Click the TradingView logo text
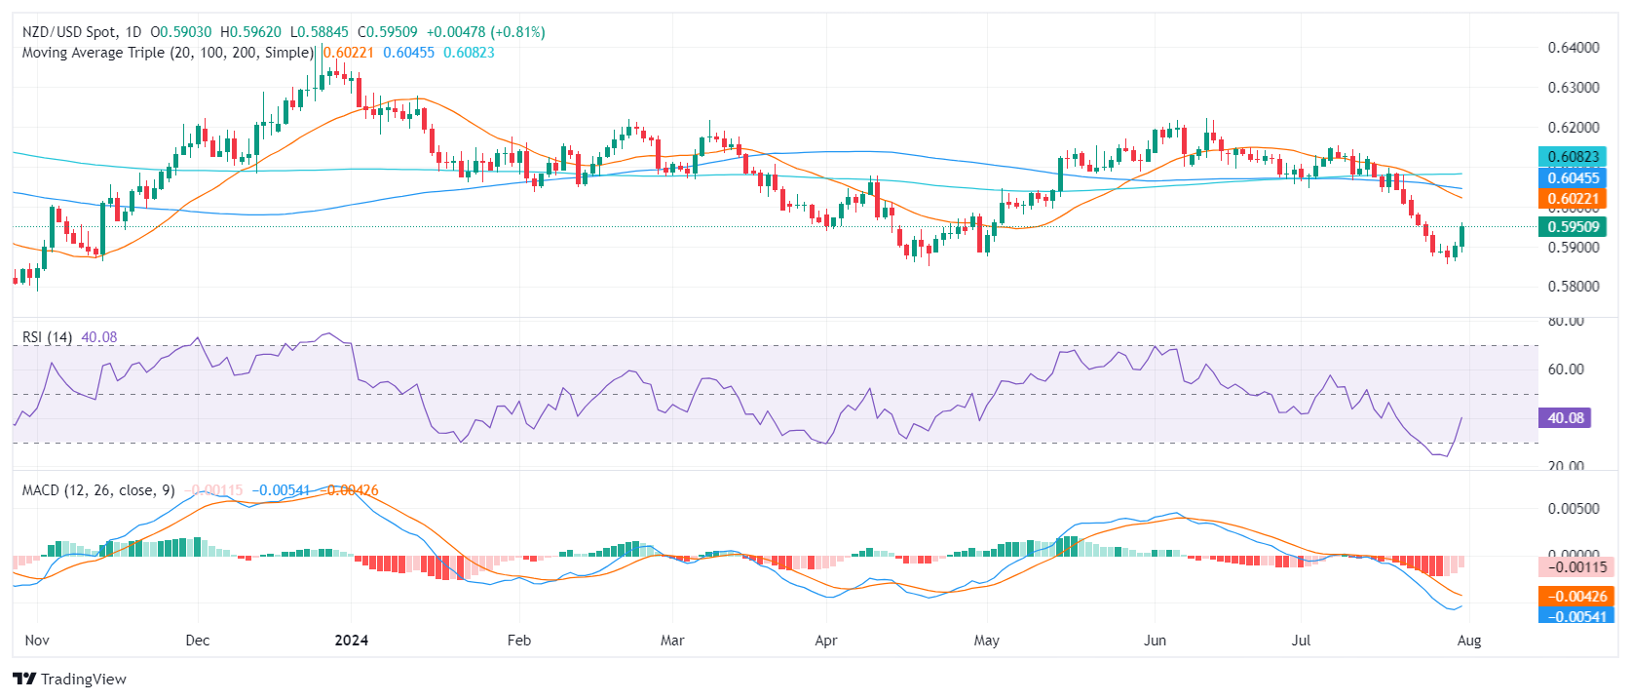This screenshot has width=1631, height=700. pos(83,680)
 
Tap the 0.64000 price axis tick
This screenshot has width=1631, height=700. pos(1574,47)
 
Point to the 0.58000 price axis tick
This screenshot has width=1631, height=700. pos(1574,287)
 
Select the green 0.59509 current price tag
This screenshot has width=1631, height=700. pos(1573,227)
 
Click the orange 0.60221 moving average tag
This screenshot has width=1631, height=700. pos(1573,199)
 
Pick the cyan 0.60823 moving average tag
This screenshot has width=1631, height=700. pos(1573,157)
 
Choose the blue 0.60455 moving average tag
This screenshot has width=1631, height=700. pos(1573,177)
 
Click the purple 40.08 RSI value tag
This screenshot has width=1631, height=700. pos(1565,418)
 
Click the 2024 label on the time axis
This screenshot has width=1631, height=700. pos(351,641)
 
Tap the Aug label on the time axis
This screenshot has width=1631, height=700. pos(1468,641)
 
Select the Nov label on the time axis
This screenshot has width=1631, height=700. pos(37,641)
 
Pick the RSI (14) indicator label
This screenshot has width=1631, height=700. pos(47,337)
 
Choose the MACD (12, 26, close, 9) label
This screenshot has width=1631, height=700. pos(98,490)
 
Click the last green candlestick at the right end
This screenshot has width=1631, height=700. pos(1461,236)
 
